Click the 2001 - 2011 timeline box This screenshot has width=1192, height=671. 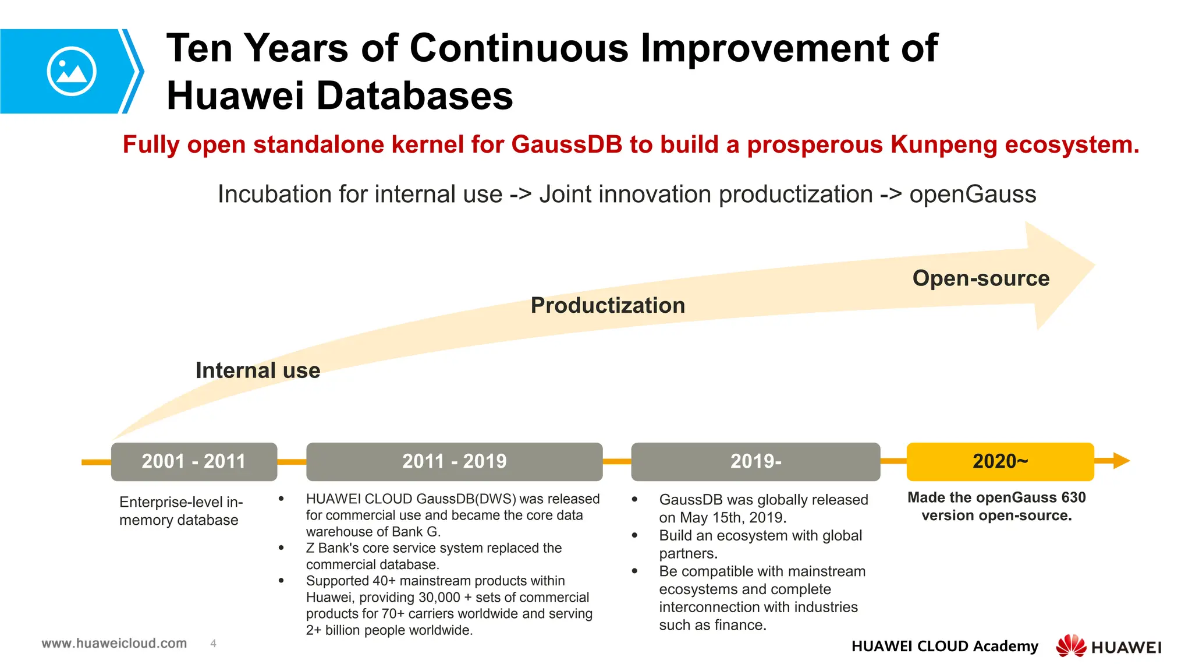point(194,461)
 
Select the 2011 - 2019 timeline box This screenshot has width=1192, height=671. point(454,461)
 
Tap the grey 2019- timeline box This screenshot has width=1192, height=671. point(755,461)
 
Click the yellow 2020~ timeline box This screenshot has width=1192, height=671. point(1000,461)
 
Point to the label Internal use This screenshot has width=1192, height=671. point(258,370)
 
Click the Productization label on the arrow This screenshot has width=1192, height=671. point(608,305)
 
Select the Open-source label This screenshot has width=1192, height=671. point(981,278)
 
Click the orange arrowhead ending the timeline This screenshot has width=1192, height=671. point(1121,461)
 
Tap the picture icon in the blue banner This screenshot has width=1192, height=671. point(72,71)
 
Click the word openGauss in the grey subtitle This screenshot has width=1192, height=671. point(973,194)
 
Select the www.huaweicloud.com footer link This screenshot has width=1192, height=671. point(114,643)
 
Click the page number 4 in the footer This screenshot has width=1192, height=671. point(213,644)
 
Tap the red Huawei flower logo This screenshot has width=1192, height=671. point(1070,645)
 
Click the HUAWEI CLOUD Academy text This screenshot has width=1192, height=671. point(944,646)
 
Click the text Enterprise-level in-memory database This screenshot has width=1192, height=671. point(180,511)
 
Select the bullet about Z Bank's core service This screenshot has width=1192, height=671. point(434,556)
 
